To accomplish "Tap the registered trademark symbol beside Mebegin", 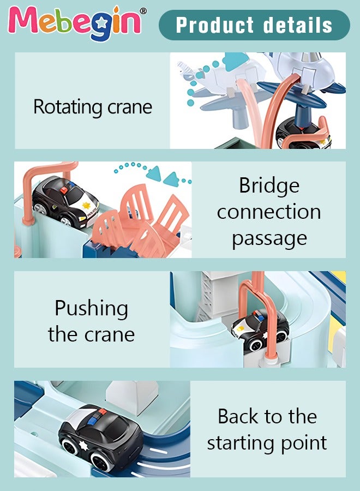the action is (x=143, y=11).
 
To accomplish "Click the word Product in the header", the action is (x=215, y=25).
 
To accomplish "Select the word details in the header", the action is (x=298, y=25).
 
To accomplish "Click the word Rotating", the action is (x=69, y=107).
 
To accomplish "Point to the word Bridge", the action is (x=269, y=186).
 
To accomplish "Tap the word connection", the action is (x=269, y=212).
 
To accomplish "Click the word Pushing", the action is (x=92, y=309).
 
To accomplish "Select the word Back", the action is (x=238, y=417).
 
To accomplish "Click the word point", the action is (x=304, y=444).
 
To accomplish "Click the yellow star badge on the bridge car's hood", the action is (x=86, y=205).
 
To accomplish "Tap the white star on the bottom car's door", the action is (x=83, y=445).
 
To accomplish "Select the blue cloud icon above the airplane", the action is (x=236, y=61).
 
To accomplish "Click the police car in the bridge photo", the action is (x=64, y=201).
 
